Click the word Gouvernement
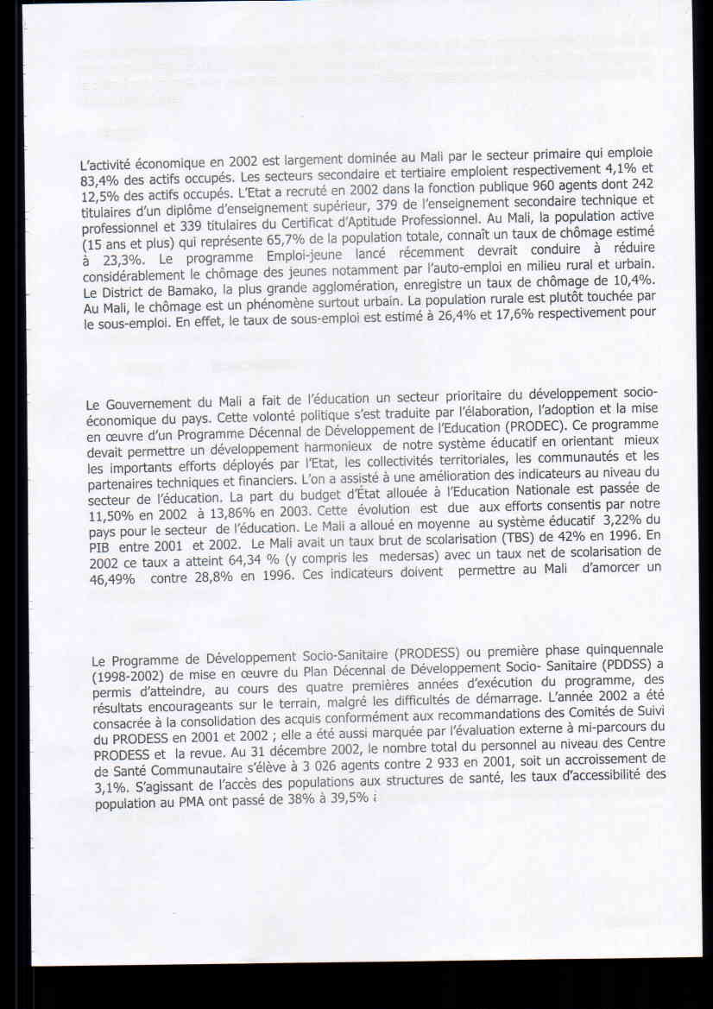point(149,403)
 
